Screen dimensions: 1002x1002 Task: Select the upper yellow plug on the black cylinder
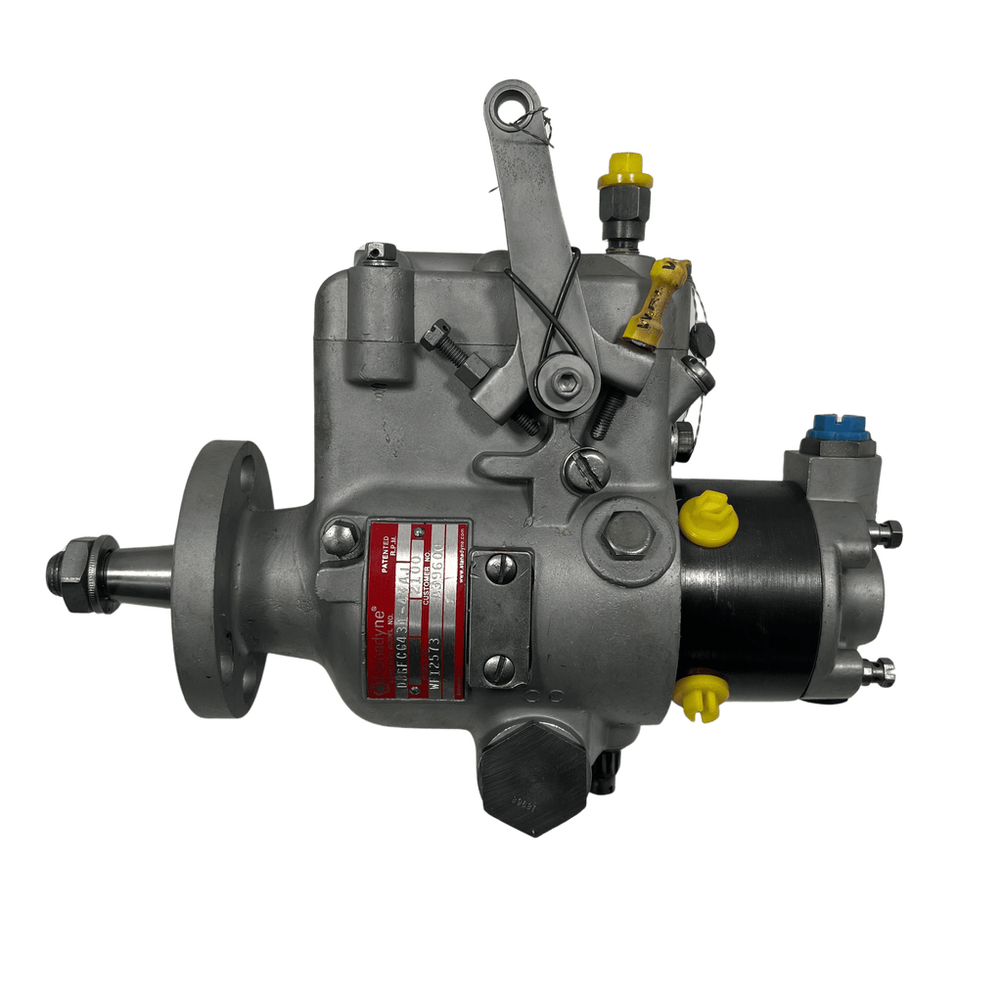click(709, 519)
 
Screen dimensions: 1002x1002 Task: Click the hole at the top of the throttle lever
click(512, 108)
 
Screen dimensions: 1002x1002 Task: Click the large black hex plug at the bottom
click(532, 778)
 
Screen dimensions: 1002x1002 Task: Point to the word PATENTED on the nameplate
click(390, 553)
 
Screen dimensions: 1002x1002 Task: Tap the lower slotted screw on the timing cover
click(500, 668)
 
